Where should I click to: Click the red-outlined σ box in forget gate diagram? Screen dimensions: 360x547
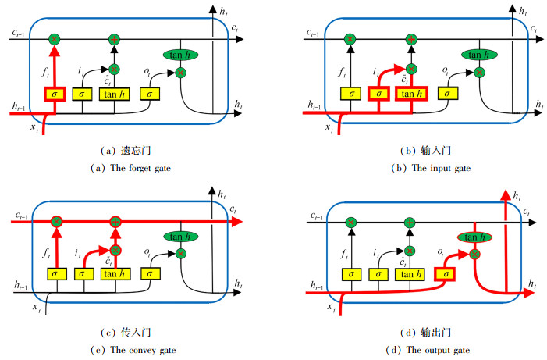pos(55,94)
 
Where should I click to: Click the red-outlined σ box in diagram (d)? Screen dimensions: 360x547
pos(446,274)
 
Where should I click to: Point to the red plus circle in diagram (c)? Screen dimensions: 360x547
pos(115,223)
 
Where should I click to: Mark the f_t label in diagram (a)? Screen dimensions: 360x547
pos(45,73)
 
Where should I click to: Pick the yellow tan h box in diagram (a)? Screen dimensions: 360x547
pos(115,94)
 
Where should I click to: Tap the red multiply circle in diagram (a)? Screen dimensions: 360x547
pos(55,38)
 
